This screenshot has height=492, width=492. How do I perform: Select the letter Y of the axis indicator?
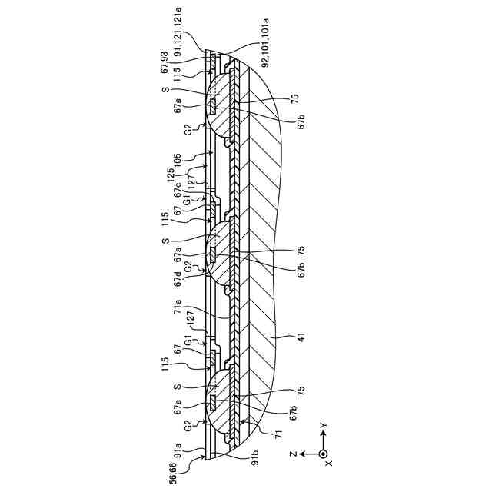[x=324, y=424]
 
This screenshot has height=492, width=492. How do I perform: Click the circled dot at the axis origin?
[x=323, y=454]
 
